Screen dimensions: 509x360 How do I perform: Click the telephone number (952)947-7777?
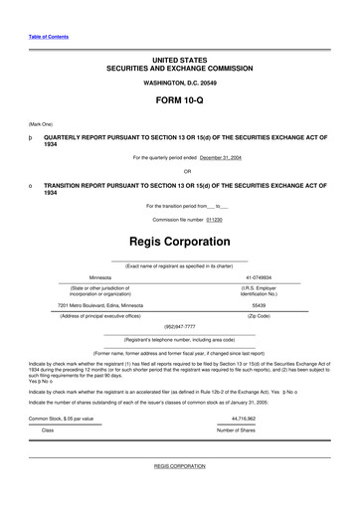coord(179,325)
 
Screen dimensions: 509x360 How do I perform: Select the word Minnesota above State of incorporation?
coord(100,278)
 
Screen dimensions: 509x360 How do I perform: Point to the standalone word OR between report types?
coord(179,171)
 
